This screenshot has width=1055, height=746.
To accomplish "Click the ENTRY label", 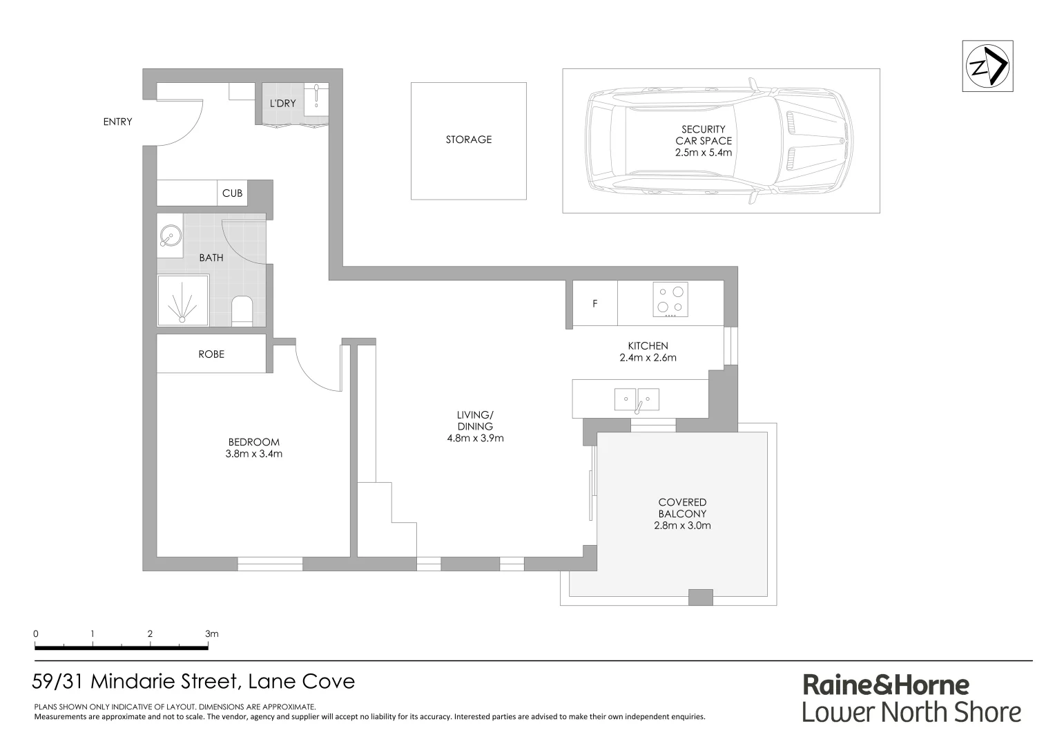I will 117,122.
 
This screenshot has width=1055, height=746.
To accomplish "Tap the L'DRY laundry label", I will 282,104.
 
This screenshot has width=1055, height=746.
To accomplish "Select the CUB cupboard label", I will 232,193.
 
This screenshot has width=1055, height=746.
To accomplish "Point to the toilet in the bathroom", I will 242,310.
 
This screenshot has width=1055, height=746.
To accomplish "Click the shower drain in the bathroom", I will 182,318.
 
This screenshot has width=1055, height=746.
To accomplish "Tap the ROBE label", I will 211,354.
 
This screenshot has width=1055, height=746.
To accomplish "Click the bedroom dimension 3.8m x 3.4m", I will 254,454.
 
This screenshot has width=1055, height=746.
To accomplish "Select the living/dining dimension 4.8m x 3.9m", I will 475,438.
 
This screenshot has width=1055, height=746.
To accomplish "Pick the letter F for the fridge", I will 595,304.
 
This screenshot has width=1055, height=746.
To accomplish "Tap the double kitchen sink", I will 637,399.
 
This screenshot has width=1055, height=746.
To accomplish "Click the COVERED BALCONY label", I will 682,508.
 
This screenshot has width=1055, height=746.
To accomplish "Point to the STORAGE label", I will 469,140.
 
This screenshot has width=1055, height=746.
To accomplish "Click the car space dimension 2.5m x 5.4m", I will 704,153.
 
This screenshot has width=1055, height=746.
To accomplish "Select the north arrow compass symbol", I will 987,66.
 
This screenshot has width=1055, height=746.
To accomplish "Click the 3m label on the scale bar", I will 211,633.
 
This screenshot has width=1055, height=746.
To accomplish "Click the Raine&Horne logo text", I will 886,685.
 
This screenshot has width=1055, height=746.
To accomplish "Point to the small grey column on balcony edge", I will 700,597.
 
